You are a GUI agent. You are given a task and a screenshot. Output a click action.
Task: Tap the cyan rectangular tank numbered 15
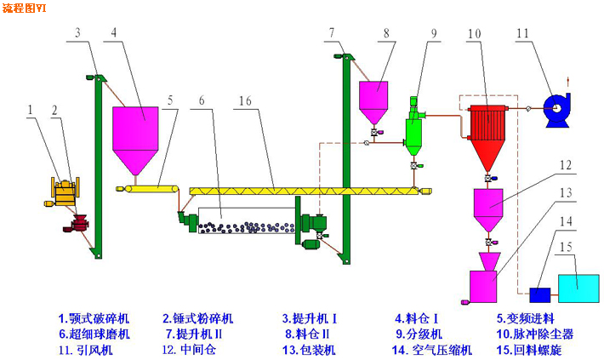[x=578, y=288]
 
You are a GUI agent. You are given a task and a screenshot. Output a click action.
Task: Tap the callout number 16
[x=244, y=100]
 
